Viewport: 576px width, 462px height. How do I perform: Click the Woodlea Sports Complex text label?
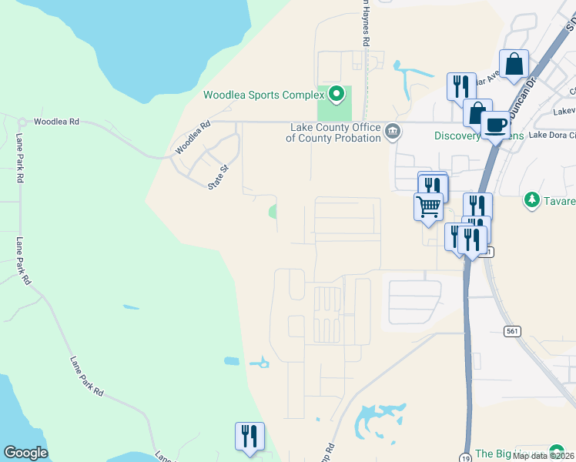pos(263,95)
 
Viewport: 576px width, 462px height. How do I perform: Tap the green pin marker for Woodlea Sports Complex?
pos(337,95)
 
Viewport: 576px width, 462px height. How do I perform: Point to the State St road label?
pos(220,176)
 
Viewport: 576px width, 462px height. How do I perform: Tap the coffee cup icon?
pos(495,123)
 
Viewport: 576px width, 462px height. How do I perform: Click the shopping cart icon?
pos(428,205)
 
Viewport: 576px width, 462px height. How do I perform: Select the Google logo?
pos(25,453)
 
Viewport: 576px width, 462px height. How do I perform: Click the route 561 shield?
pos(511,330)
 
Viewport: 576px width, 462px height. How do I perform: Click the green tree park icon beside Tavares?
pos(531,200)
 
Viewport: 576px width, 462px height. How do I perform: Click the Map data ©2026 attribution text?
pos(543,456)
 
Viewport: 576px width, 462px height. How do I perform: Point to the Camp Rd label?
pos(329,450)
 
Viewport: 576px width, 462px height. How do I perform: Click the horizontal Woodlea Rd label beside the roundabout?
pos(56,122)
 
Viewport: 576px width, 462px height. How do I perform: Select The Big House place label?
pos(509,453)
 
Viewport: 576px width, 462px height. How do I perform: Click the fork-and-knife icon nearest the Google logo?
pos(249,435)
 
